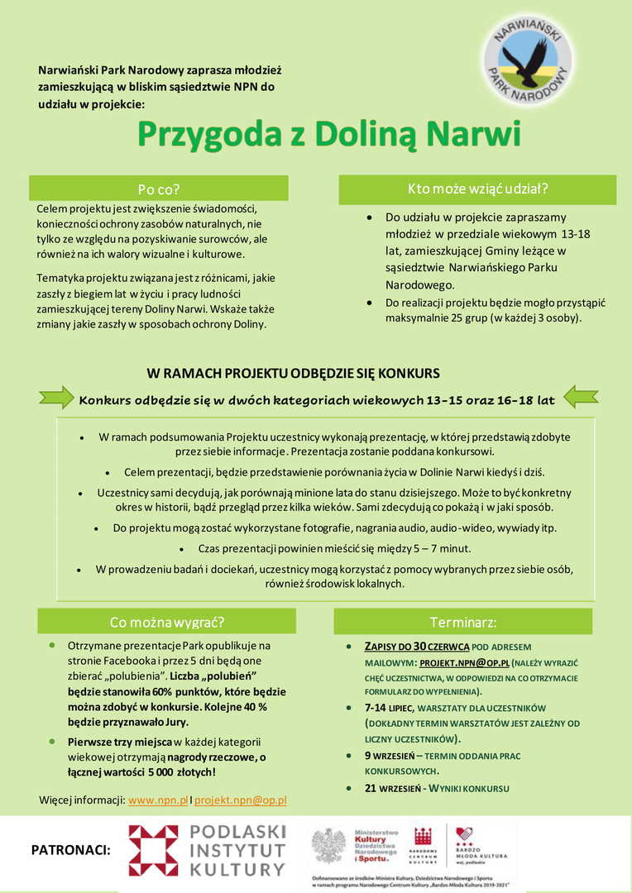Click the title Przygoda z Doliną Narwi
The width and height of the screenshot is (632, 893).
click(328, 133)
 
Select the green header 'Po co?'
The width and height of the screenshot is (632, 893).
click(159, 188)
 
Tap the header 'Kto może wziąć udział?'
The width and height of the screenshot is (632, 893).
click(477, 189)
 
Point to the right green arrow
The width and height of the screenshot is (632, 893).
click(580, 398)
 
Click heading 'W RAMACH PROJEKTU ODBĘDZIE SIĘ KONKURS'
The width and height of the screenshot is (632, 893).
click(293, 373)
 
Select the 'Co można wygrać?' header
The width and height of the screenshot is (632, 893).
click(167, 621)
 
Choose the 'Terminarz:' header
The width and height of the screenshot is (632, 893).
click(463, 621)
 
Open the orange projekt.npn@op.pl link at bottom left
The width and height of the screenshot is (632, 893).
click(241, 800)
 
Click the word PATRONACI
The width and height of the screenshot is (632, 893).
click(70, 849)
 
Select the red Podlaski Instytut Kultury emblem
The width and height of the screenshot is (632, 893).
click(153, 850)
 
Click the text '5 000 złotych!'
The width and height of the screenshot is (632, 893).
click(176, 772)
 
